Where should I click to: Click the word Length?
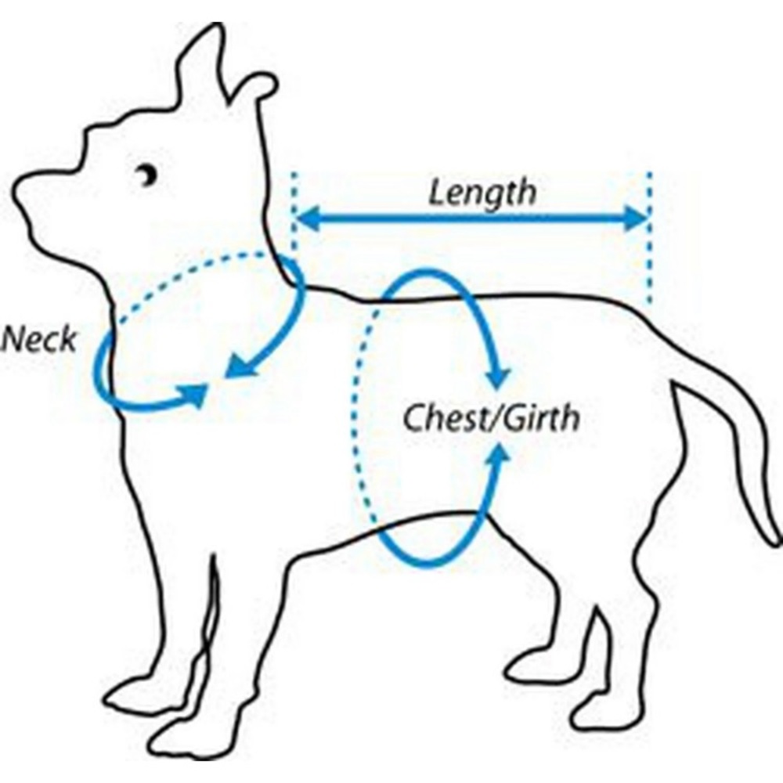[482, 193]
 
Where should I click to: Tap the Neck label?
[39, 340]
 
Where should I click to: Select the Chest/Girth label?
[492, 418]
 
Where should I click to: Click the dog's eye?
[147, 175]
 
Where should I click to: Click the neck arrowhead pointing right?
[197, 395]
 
